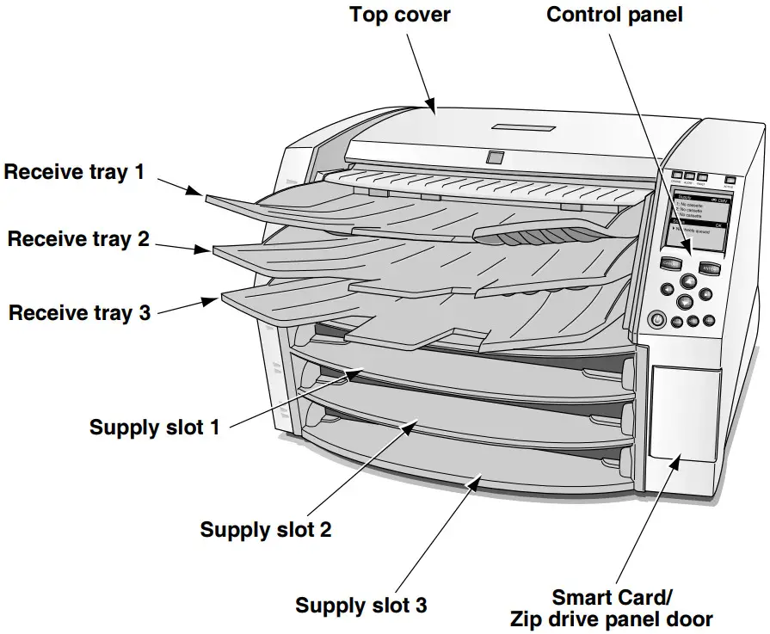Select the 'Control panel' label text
(x=614, y=15)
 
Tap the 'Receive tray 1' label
(x=74, y=172)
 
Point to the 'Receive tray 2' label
(x=78, y=239)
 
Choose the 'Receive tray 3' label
(x=79, y=312)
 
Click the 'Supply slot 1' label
(x=154, y=427)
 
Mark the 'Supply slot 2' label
(x=265, y=529)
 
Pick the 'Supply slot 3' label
(x=360, y=605)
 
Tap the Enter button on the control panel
(x=709, y=268)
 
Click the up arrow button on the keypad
(x=688, y=280)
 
